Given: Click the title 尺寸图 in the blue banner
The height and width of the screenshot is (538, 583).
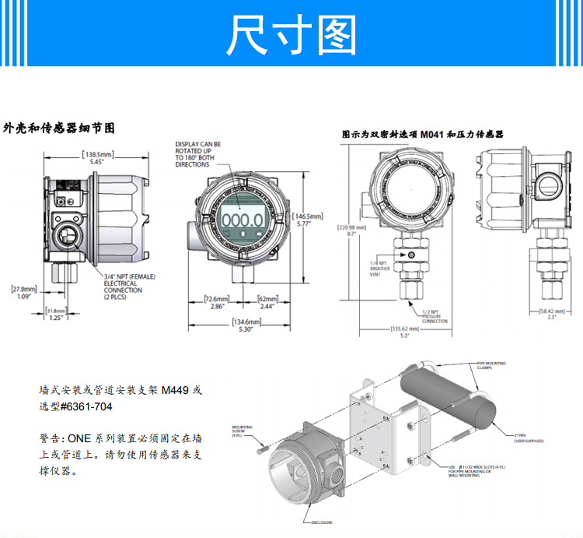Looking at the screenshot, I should click(291, 34).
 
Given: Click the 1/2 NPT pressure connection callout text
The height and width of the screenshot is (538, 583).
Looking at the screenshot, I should click(436, 315).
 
